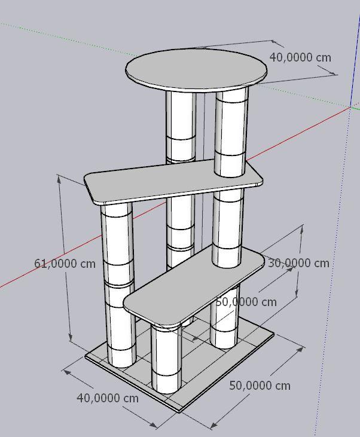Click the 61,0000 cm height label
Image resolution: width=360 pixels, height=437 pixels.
click(x=65, y=264)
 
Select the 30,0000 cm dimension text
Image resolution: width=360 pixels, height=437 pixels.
click(x=298, y=263)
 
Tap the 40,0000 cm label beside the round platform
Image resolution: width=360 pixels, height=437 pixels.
click(x=300, y=57)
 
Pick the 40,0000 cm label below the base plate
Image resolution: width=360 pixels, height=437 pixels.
click(x=108, y=398)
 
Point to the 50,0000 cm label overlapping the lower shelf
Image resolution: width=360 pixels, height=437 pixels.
click(x=246, y=302)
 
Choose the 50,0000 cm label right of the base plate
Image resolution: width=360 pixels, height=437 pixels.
click(x=260, y=386)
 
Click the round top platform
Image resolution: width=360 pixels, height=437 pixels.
click(x=196, y=70)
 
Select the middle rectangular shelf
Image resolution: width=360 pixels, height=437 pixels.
click(x=173, y=181)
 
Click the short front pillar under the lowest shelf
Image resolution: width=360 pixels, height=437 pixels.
click(x=166, y=359)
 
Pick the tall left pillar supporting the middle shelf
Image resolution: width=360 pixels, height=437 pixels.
click(x=118, y=285)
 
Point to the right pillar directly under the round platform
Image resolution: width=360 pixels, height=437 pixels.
click(x=231, y=131)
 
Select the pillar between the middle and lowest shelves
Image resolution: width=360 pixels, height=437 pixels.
click(x=227, y=227)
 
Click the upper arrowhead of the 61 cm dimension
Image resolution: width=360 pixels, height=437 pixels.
click(x=59, y=179)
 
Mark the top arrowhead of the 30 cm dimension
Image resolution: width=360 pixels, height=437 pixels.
click(x=302, y=228)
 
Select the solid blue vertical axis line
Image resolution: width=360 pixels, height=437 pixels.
click(x=356, y=59)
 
